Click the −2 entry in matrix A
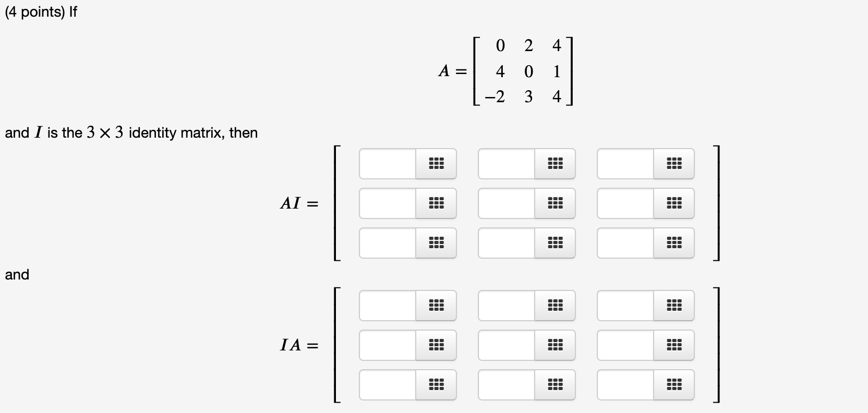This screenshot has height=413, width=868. [495, 97]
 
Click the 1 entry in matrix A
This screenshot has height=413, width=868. [557, 71]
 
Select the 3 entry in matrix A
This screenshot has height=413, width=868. [528, 97]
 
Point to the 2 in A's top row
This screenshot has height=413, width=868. [528, 46]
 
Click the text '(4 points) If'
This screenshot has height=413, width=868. [41, 12]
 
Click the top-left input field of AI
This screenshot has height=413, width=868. [388, 164]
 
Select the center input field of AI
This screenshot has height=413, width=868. [507, 203]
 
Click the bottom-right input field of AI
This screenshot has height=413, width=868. [625, 243]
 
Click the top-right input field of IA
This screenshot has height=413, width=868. [625, 306]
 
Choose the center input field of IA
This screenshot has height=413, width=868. [507, 345]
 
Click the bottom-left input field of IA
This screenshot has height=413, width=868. [388, 385]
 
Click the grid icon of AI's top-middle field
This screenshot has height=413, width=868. [555, 164]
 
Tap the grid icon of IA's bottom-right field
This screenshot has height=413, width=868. [674, 385]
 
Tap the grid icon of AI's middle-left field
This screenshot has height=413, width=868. [436, 203]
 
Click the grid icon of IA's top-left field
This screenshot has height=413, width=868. [436, 306]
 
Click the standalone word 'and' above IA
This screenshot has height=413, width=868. [17, 275]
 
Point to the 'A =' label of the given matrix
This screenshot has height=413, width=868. [452, 71]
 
